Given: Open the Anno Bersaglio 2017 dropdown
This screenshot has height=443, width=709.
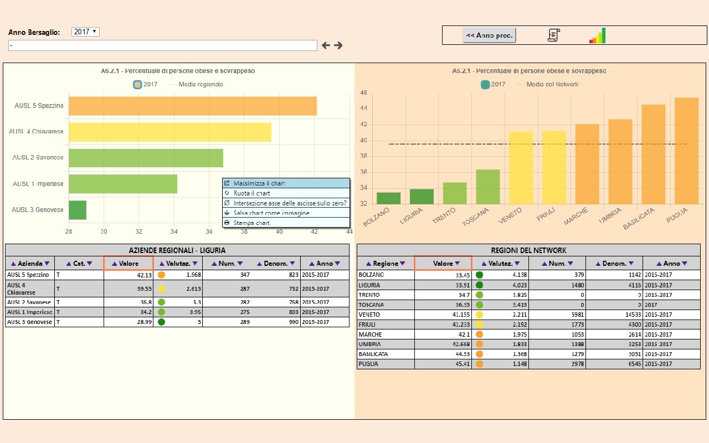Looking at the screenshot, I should point(85,32).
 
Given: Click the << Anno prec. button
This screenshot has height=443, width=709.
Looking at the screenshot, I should point(489,35).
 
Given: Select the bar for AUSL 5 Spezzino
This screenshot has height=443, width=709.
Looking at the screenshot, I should point(192,106).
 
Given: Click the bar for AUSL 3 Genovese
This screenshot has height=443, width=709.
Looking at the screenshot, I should point(78,210).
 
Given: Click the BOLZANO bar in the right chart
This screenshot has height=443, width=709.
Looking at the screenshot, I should point(388,198).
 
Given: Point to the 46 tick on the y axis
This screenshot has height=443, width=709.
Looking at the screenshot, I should point(363,93).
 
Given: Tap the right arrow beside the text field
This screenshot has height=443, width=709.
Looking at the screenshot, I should point(338,45).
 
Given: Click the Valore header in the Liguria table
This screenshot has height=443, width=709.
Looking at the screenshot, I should point(128,264).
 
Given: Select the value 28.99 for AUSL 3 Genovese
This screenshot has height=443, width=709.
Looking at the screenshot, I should point(144,322).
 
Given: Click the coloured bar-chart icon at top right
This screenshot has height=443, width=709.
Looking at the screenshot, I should point(597,36).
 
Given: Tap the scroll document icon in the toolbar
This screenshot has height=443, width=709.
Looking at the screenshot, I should point(553,35).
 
